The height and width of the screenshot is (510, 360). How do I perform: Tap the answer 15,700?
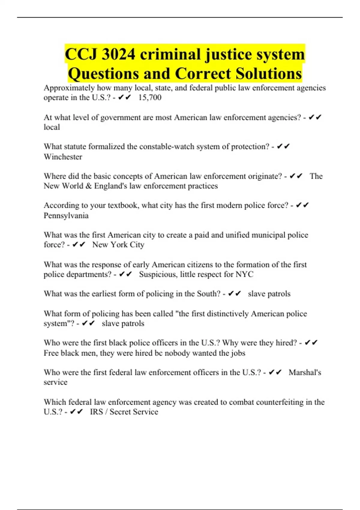pos(150,97)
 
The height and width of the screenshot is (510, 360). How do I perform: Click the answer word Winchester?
pos(63,157)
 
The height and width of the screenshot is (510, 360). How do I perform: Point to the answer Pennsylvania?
pos(66,215)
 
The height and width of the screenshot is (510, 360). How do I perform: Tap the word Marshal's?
pos(305,372)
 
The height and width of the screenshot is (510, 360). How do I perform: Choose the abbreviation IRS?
pos(96,412)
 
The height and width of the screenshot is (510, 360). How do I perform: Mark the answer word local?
pos(52,127)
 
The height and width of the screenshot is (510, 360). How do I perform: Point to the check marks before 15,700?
pos(124,97)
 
